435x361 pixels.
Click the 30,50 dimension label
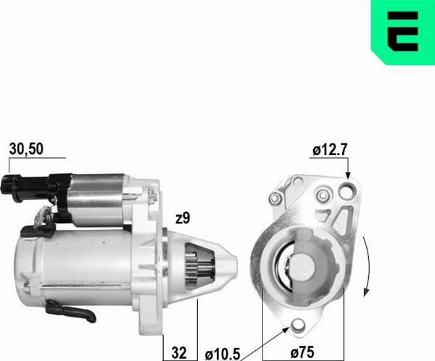tap(26, 149)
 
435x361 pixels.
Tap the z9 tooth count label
tap(183, 218)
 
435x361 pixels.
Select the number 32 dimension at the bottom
tap(179, 353)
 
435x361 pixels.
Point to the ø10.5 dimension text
tap(223, 354)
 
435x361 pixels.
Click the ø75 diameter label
tap(302, 353)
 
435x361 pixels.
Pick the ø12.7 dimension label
tap(330, 150)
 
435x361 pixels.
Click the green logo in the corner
tap(403, 33)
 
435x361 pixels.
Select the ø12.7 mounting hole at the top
tap(347, 191)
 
